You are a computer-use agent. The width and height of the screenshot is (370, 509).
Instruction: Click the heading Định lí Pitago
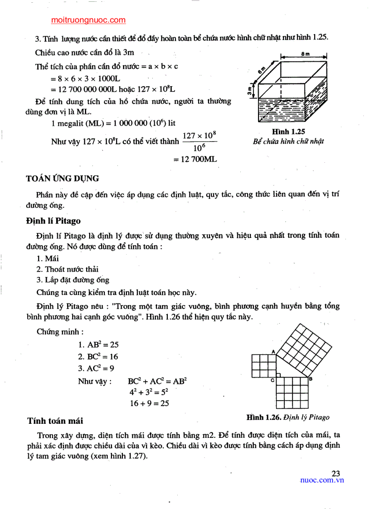54,221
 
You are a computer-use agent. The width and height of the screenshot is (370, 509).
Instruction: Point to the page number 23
336,474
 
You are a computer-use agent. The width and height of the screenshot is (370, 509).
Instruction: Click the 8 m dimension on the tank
305,54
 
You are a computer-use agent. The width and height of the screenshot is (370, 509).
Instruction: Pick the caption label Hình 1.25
288,131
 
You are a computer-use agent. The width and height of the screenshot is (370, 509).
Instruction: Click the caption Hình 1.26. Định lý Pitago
288,417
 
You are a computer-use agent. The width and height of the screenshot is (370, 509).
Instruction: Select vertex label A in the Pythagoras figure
273,351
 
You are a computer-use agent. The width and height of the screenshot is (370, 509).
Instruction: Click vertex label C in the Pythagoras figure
273,380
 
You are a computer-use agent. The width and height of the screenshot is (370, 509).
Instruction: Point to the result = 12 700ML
195,159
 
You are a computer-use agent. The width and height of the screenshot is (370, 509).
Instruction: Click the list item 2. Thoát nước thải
68,269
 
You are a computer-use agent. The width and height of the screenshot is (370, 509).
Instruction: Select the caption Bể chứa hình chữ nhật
288,141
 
